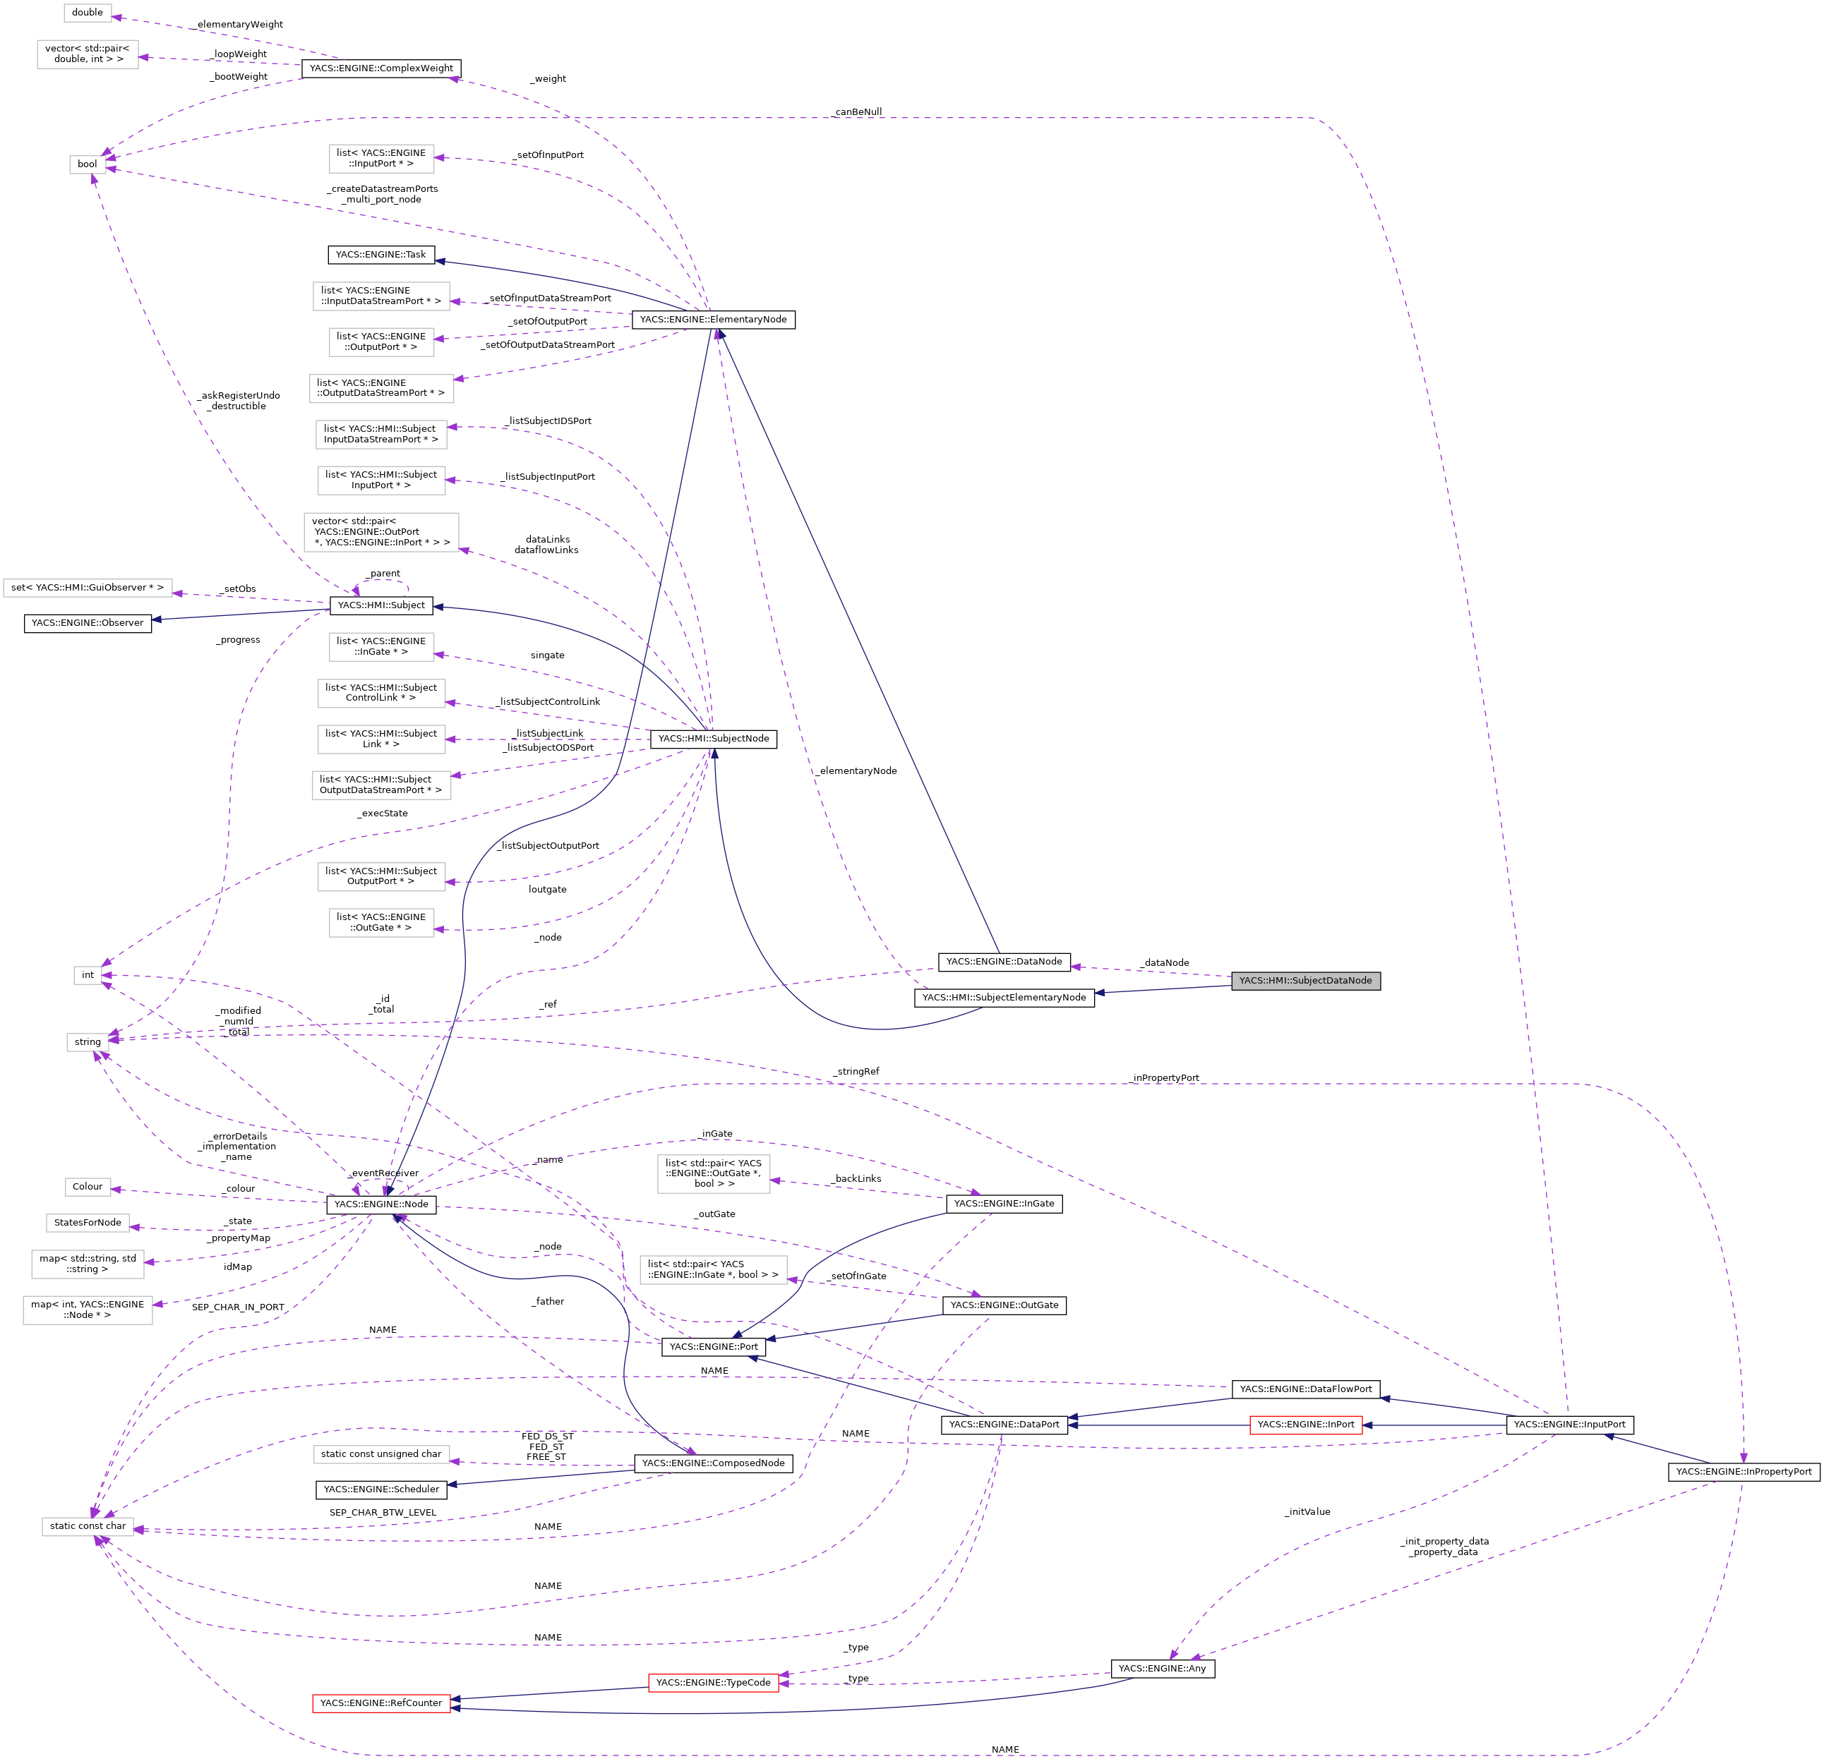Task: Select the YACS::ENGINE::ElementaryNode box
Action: click(x=713, y=319)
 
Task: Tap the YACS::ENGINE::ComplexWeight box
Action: click(x=380, y=68)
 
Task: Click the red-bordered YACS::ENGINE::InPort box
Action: click(x=1306, y=1424)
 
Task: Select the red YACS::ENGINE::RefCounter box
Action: click(x=380, y=1703)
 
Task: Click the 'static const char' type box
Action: click(x=88, y=1525)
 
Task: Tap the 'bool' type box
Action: click(x=88, y=164)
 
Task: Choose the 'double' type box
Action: click(x=88, y=12)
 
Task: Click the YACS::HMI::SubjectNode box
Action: click(x=713, y=739)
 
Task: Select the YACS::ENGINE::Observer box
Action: click(x=88, y=622)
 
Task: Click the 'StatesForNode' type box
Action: click(x=88, y=1222)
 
